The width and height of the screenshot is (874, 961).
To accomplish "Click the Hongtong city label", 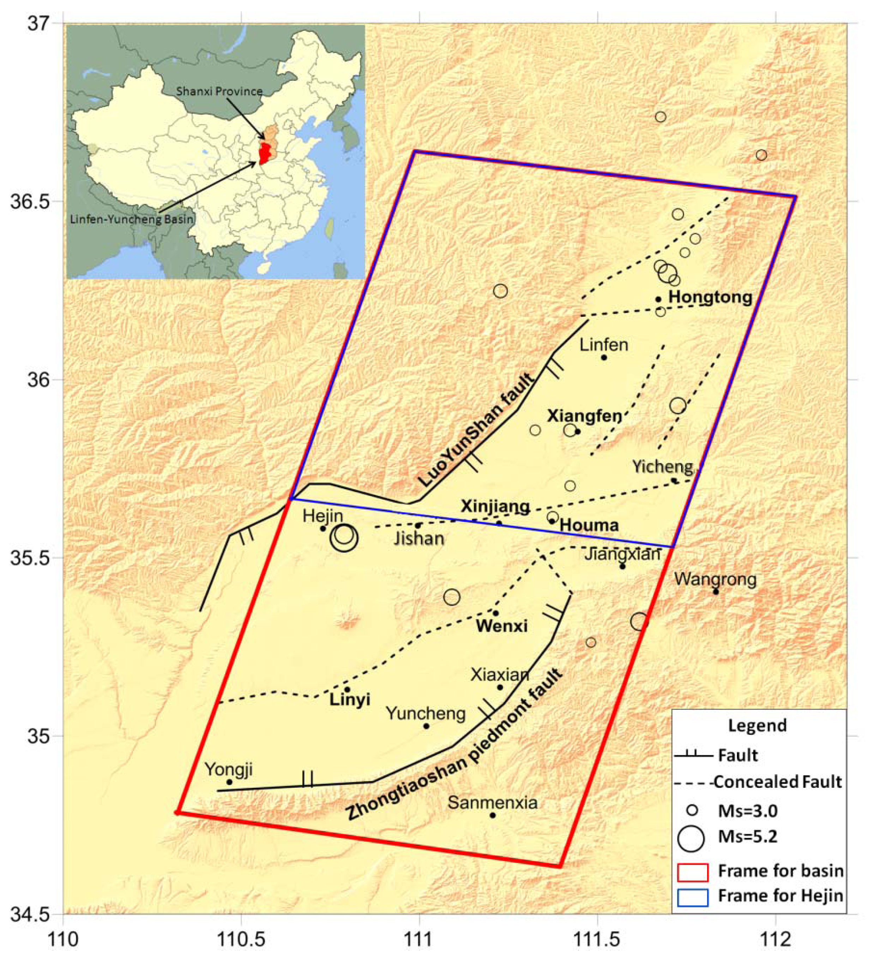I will point(710,297).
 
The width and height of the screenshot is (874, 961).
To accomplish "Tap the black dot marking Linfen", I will point(604,357).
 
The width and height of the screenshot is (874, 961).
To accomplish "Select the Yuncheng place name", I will point(425,714).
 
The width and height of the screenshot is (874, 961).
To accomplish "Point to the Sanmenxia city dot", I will point(493,815).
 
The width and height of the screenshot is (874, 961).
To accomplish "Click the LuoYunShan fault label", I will point(476,430).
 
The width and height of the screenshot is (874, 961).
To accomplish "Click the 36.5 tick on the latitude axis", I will point(31,201).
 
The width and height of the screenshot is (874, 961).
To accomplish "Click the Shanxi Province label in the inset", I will point(219,91).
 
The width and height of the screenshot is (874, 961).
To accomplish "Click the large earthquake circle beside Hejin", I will point(344,538).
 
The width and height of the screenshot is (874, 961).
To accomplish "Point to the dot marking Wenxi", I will point(495,613).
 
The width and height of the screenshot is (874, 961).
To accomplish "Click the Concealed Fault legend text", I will point(777,782).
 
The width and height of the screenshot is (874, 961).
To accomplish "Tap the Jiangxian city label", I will point(622,554).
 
